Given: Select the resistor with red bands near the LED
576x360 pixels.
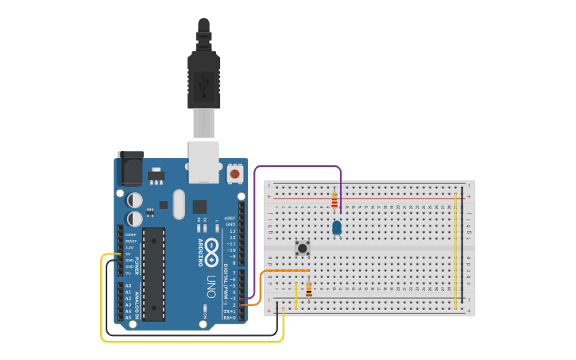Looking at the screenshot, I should tap(334, 201).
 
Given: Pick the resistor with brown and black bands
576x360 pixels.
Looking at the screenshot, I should tap(309, 289).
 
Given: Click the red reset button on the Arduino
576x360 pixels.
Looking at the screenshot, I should tap(234, 173).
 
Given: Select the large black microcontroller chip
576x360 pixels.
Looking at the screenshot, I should tap(154, 274).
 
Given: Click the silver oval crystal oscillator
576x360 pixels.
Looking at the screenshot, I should tap(178, 204).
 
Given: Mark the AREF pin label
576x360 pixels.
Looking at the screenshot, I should tap(230, 218).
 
